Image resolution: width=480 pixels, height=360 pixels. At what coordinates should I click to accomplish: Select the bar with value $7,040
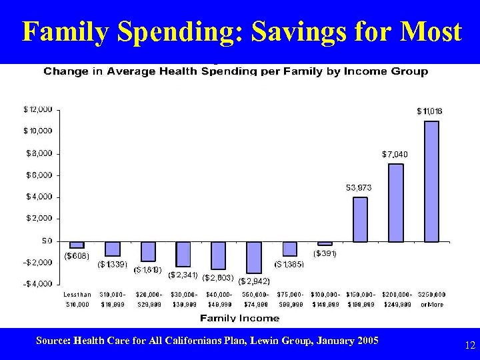[396, 203]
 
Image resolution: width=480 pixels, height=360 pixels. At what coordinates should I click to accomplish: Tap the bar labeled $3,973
[360, 219]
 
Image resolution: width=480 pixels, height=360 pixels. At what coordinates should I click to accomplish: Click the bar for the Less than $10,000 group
[77, 245]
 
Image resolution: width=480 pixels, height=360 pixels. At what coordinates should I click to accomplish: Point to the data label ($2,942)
[253, 281]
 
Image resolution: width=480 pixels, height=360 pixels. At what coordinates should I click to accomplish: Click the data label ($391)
[325, 253]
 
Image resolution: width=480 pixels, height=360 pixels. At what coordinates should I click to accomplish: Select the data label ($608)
[77, 255]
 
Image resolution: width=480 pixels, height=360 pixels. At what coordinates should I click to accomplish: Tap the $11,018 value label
[429, 111]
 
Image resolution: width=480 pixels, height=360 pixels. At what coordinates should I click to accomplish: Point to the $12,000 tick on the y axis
[38, 109]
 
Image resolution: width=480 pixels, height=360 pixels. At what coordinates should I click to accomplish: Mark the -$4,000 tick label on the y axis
[38, 284]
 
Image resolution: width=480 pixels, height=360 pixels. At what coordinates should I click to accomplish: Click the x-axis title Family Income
[231, 318]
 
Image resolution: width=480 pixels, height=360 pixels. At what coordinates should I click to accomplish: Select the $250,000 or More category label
[431, 299]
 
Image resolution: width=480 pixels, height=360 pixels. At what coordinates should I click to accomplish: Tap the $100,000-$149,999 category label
[325, 299]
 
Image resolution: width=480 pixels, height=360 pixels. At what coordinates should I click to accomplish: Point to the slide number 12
[469, 345]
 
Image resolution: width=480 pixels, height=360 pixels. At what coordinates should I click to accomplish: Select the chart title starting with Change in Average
[235, 71]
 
